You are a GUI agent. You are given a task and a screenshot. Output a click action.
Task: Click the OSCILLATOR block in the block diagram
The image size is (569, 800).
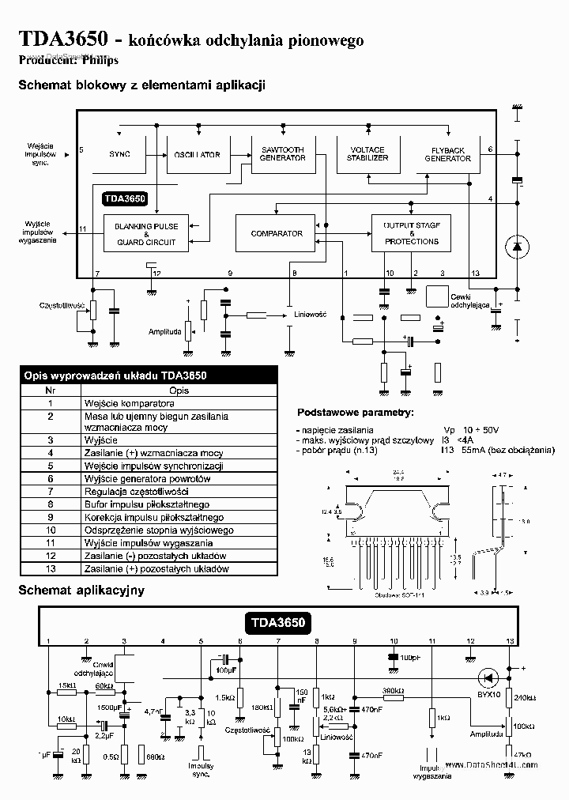197,154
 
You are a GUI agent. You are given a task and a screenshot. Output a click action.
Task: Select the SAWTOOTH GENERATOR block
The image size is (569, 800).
282,153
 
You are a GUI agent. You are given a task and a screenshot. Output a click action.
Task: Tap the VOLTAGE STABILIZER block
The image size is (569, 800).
367,153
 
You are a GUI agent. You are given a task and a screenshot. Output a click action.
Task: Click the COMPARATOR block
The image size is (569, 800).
276,233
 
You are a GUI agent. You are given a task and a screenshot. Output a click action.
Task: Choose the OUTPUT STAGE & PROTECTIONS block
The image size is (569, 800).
412,233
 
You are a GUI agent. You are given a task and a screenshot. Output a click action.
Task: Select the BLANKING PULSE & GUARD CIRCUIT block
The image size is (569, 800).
146,234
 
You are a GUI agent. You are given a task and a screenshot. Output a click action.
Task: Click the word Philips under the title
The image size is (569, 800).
104,61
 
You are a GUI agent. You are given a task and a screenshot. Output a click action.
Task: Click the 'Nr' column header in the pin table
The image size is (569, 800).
50,390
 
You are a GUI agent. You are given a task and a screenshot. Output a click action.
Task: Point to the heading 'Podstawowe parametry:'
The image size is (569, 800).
355,413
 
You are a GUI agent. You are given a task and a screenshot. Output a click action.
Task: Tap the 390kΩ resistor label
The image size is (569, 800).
393,690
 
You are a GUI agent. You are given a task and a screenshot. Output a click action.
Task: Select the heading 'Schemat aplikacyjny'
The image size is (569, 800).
70,590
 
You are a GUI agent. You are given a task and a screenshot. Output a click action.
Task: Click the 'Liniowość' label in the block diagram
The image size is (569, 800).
311,314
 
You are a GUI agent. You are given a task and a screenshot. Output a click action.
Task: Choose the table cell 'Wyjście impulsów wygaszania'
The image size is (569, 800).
142,543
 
